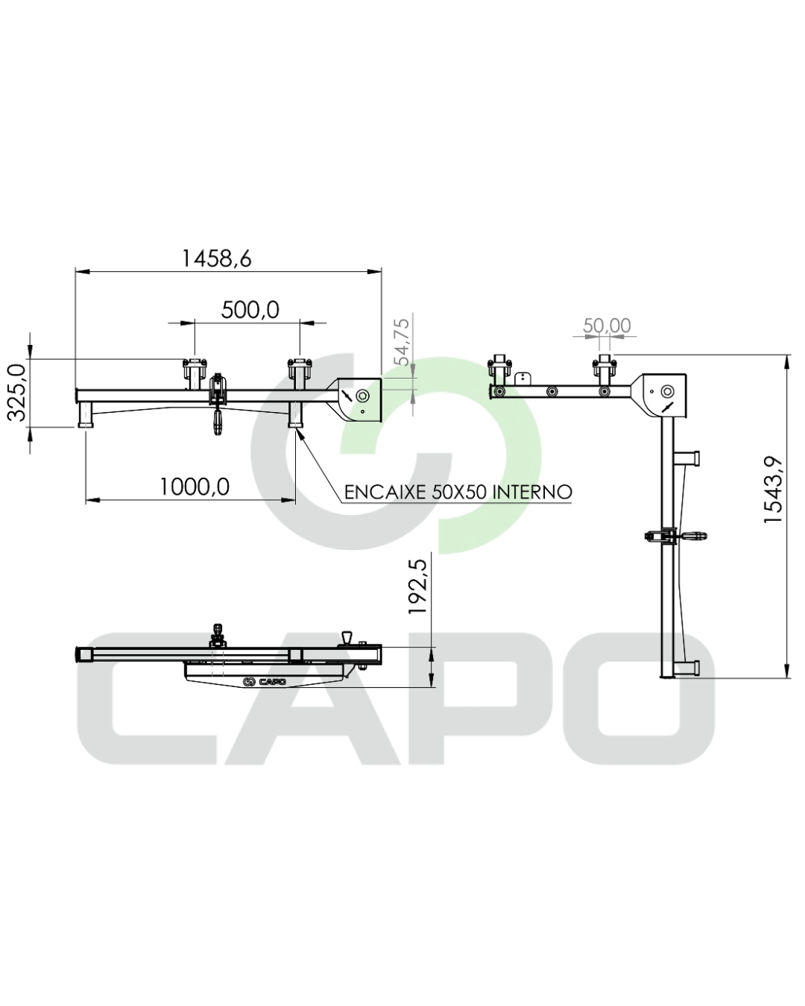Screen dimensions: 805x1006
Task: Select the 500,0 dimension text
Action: click(250, 310)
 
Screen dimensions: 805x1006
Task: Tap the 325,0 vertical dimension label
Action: click(17, 393)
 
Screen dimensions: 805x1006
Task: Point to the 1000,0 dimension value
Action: click(195, 487)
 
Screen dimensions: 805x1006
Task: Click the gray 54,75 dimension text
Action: click(402, 342)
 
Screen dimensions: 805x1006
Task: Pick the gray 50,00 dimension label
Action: click(607, 326)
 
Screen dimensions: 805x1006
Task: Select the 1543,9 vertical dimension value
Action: click(773, 490)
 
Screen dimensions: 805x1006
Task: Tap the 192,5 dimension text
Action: click(419, 587)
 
